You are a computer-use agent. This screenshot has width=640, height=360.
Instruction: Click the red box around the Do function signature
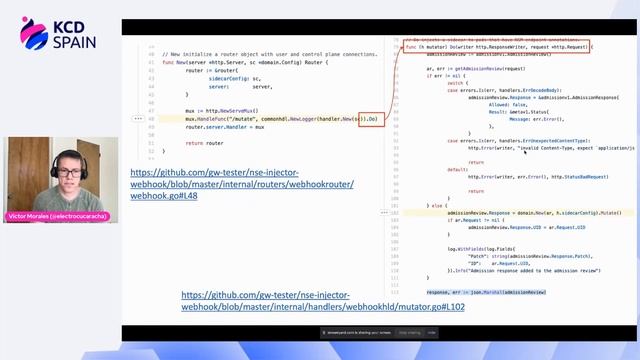coord(498,46)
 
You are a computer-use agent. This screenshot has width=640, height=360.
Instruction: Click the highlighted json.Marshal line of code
coord(486,292)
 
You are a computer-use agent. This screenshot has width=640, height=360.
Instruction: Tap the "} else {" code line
coord(438,204)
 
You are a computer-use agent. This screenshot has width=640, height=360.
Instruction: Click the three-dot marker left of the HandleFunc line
coord(138,118)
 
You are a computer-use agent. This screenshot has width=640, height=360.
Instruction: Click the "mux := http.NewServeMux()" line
coord(222,110)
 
